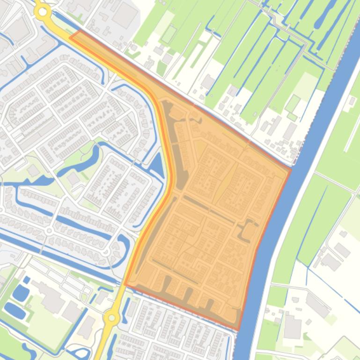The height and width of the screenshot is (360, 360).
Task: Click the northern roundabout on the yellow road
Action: coord(43,13)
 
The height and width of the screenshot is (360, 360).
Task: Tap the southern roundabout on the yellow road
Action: coord(111,318)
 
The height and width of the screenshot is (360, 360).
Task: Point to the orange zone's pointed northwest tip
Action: coord(71,36)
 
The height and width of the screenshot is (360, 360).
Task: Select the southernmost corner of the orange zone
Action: coord(238,329)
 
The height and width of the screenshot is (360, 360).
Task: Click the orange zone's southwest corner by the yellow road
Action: coord(125,283)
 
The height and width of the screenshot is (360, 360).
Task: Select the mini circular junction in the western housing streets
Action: coord(49,231)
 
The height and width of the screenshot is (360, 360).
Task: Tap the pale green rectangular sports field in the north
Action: coord(169,34)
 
